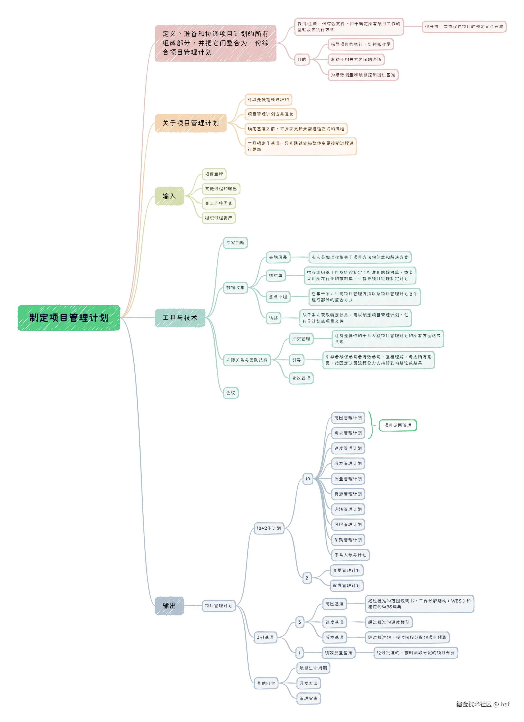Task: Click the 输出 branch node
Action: (x=169, y=606)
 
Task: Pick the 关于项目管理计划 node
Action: (x=191, y=123)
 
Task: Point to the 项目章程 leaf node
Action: (x=214, y=174)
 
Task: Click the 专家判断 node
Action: (x=235, y=243)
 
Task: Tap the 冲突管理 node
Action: (x=301, y=338)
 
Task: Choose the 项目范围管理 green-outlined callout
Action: (x=397, y=425)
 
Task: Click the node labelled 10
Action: (x=308, y=478)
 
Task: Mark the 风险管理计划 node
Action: (x=348, y=524)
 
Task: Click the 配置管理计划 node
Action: (x=346, y=585)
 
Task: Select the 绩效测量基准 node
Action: (x=338, y=653)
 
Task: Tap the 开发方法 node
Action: (x=308, y=683)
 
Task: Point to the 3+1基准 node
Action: (x=265, y=637)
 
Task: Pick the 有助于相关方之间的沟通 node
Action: (x=356, y=60)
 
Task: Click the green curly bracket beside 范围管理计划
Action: (x=371, y=425)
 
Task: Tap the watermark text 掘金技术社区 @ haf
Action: (x=483, y=704)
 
